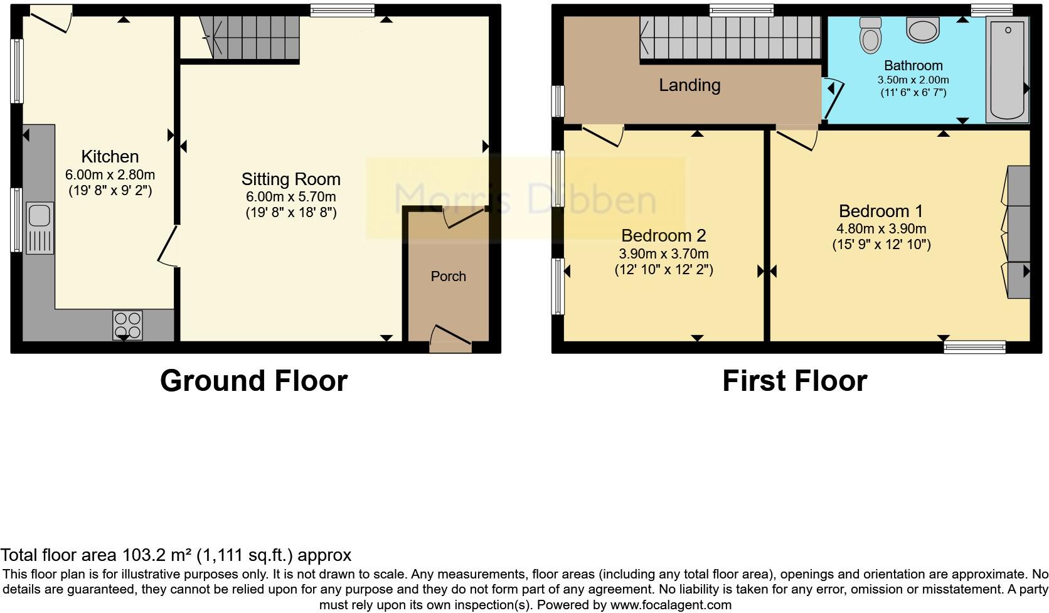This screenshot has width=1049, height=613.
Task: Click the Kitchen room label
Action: click(x=110, y=156)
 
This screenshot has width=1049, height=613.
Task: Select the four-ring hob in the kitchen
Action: click(x=127, y=325)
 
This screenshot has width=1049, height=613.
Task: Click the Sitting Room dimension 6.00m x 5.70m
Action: click(x=290, y=196)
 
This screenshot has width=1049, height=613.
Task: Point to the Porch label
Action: click(x=448, y=276)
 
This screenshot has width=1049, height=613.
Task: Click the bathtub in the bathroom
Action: click(x=1007, y=69)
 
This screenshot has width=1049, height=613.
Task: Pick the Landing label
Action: click(x=689, y=85)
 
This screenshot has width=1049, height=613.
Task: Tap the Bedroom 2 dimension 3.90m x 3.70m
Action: click(x=663, y=253)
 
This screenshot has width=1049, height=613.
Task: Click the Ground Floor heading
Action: click(x=253, y=381)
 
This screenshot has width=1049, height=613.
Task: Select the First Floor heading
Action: click(x=794, y=381)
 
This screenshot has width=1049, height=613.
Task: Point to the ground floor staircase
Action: click(x=251, y=37)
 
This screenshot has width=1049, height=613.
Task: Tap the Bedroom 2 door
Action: click(x=602, y=134)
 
